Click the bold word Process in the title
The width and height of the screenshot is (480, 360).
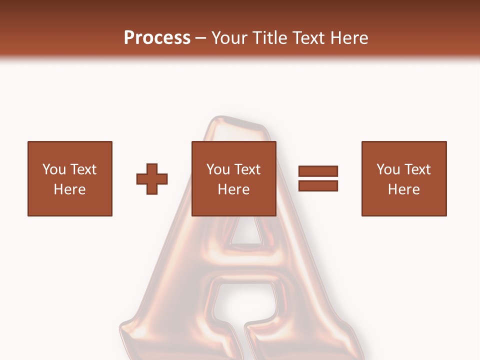point(157,38)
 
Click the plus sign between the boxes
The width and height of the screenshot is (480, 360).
point(152,178)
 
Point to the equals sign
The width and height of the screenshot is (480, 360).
point(318,178)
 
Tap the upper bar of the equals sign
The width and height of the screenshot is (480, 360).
point(318,171)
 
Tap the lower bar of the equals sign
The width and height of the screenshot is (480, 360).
point(318,185)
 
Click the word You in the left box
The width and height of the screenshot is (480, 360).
point(54,169)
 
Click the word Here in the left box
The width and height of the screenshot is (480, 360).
point(69,189)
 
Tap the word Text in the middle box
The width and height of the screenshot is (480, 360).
point(247,169)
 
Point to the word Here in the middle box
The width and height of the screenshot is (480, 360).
point(233,189)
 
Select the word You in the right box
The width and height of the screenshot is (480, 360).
point(388,169)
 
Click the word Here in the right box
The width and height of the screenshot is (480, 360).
point(403,189)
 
